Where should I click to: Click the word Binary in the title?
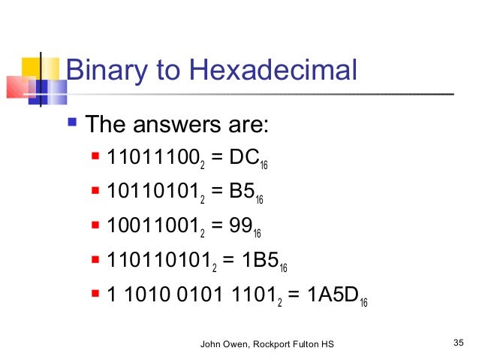point(106,71)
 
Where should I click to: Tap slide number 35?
point(459,343)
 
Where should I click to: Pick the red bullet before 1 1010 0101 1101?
point(95,290)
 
